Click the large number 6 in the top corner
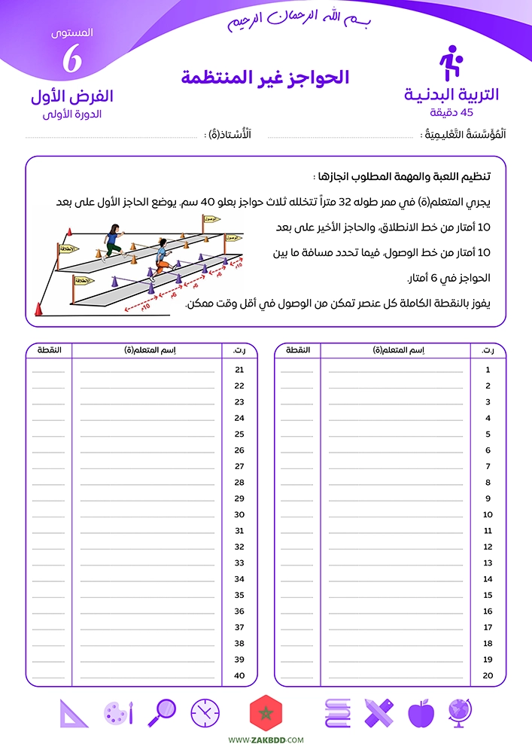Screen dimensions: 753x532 [71, 59]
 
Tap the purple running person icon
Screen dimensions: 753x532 [450, 64]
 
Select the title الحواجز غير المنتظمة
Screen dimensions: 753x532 [266, 77]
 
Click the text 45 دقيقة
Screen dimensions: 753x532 [451, 113]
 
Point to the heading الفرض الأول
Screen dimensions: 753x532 [72, 97]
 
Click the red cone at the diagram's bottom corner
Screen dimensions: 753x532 [38, 309]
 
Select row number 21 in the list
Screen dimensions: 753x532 [240, 370]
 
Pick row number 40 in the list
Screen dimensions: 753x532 [240, 675]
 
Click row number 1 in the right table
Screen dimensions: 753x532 [488, 370]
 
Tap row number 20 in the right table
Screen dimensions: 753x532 [488, 675]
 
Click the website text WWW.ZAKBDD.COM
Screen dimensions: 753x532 [266, 740]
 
